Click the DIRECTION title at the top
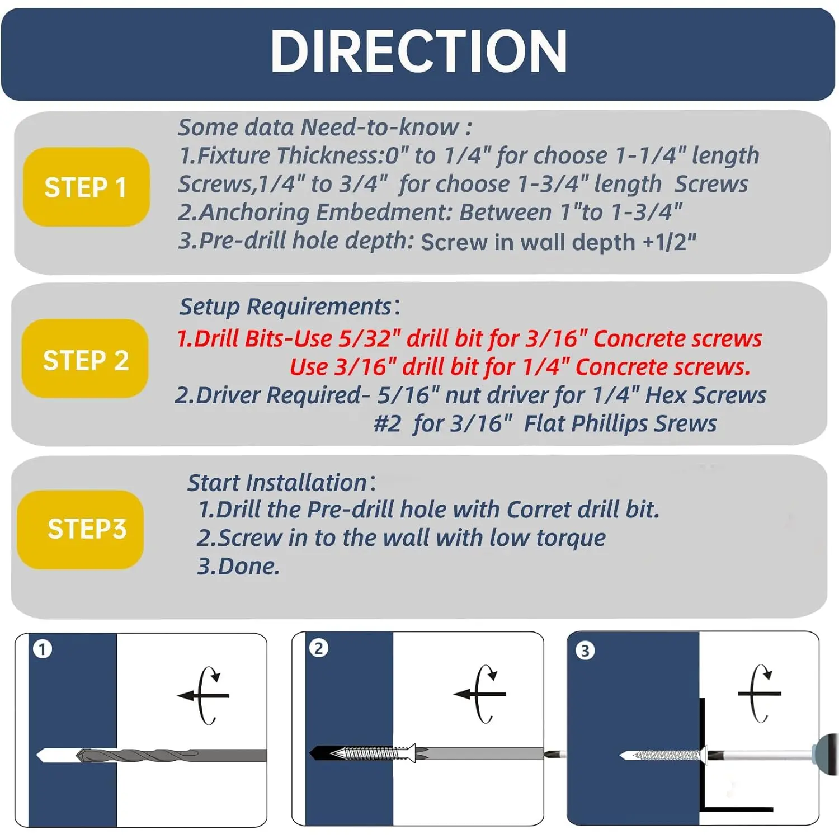418,51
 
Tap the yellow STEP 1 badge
86,187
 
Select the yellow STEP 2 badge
85,359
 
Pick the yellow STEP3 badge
81,530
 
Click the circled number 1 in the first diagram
43,649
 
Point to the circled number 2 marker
319,648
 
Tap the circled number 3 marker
585,651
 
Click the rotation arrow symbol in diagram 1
204,695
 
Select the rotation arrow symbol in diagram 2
480,694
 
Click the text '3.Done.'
238,566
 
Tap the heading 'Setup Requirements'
285,307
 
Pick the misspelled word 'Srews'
686,423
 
